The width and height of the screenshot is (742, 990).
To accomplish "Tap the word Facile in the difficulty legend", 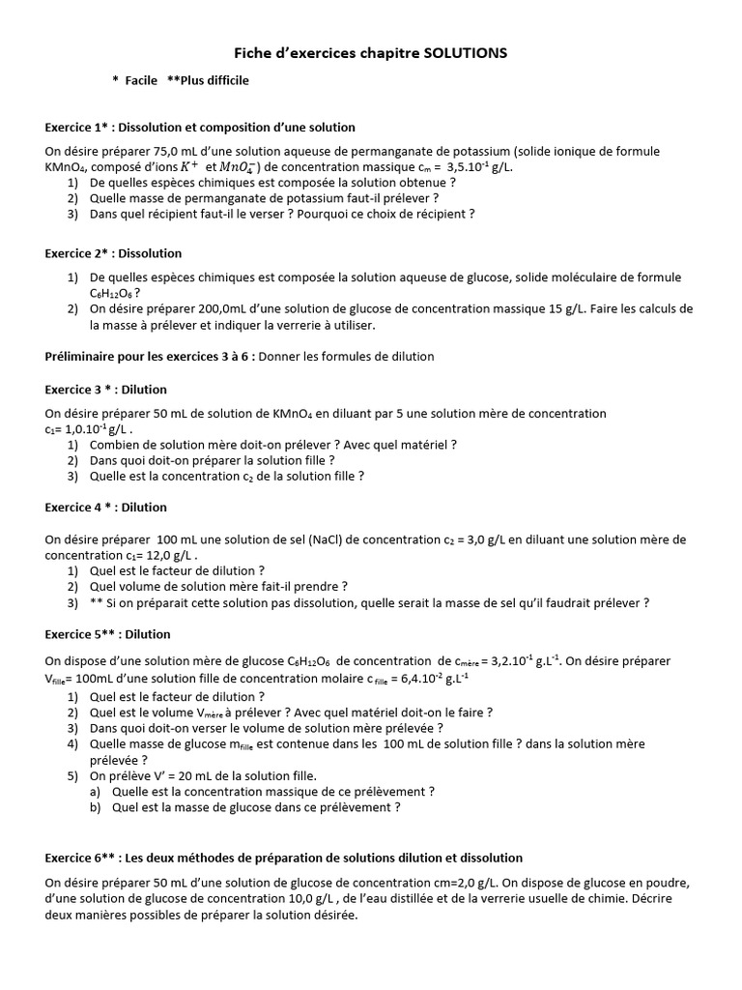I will tap(141, 80).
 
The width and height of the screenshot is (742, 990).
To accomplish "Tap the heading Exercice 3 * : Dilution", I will tap(105, 390).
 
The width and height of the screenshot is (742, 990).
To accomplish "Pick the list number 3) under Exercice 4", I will tap(72, 602).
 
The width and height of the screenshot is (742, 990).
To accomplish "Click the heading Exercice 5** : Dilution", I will tap(107, 634).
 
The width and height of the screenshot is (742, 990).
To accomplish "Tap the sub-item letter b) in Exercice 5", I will tap(95, 806).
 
